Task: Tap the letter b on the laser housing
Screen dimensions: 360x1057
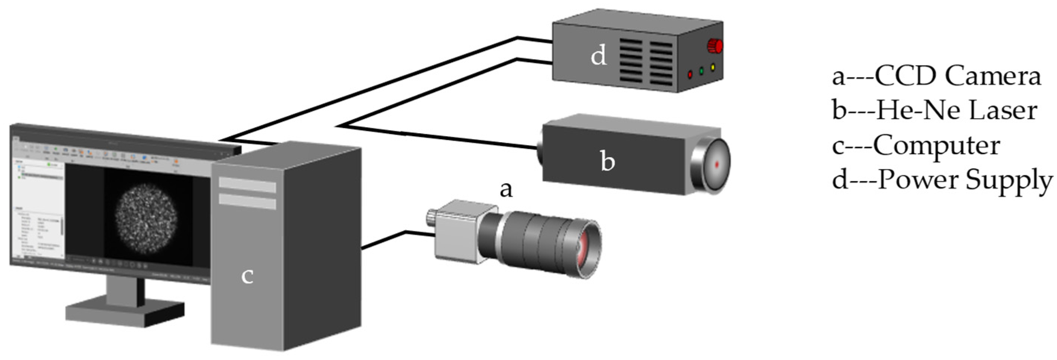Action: click(607, 161)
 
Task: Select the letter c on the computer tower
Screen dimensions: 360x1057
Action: click(247, 276)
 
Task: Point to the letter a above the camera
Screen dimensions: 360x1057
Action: click(506, 190)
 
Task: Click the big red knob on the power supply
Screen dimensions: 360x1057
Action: click(715, 46)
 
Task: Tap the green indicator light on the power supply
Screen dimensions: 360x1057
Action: click(701, 71)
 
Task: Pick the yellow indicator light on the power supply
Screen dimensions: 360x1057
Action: click(713, 67)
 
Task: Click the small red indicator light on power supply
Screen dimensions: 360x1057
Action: click(690, 75)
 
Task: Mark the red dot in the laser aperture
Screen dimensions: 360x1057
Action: click(717, 165)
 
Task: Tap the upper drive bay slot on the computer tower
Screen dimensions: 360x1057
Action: click(247, 184)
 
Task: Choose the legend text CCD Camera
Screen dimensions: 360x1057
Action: click(958, 76)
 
